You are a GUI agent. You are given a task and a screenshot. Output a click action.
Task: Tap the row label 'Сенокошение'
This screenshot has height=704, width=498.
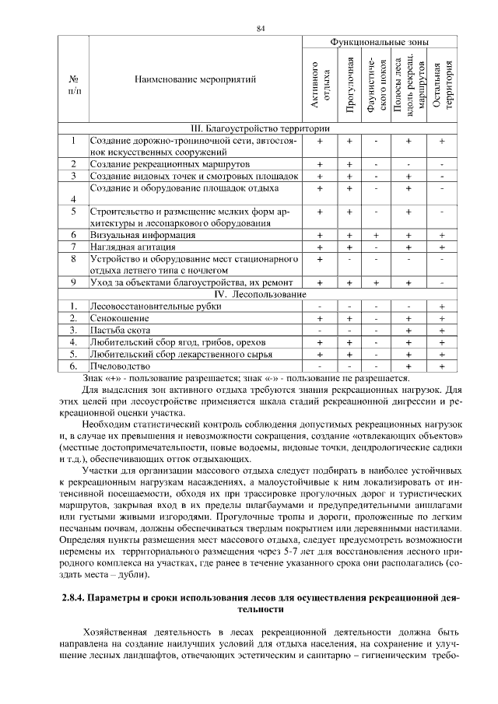[x=117, y=318]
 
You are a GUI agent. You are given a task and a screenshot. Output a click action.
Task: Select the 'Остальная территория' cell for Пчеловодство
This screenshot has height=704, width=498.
[x=441, y=365]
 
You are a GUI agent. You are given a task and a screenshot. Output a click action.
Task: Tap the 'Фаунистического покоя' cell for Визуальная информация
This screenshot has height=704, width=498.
[x=376, y=234]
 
